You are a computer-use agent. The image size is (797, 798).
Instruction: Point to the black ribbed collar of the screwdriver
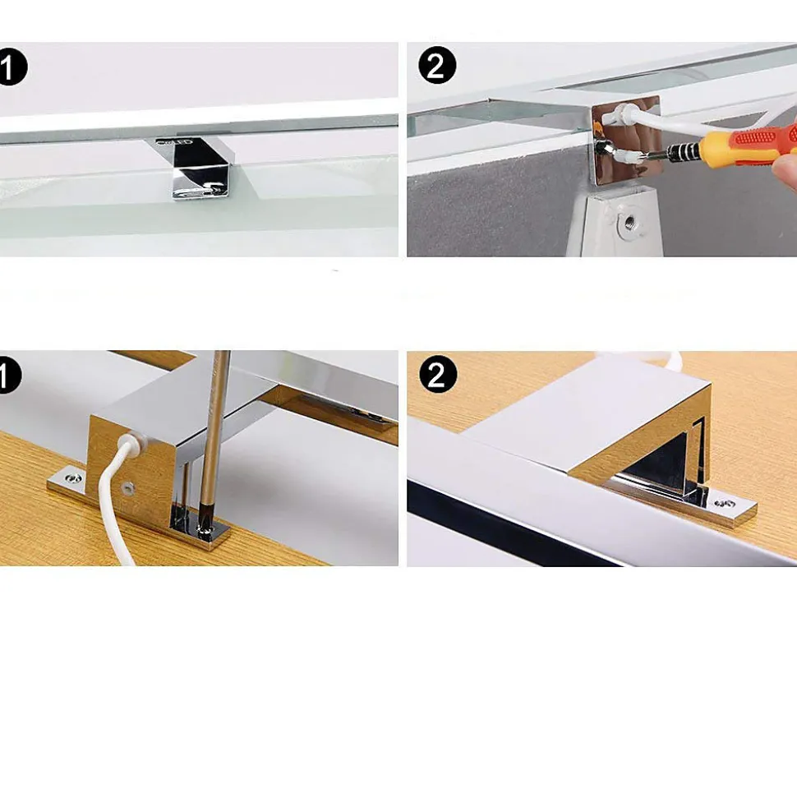pos(683,151)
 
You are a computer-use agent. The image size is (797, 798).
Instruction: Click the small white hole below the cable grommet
pos(126,488)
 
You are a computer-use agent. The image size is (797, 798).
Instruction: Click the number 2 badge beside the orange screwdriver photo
pos(437,65)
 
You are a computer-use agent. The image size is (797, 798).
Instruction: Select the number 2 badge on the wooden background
pos(438,375)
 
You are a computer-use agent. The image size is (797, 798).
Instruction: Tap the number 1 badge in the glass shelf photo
pos(12,67)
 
